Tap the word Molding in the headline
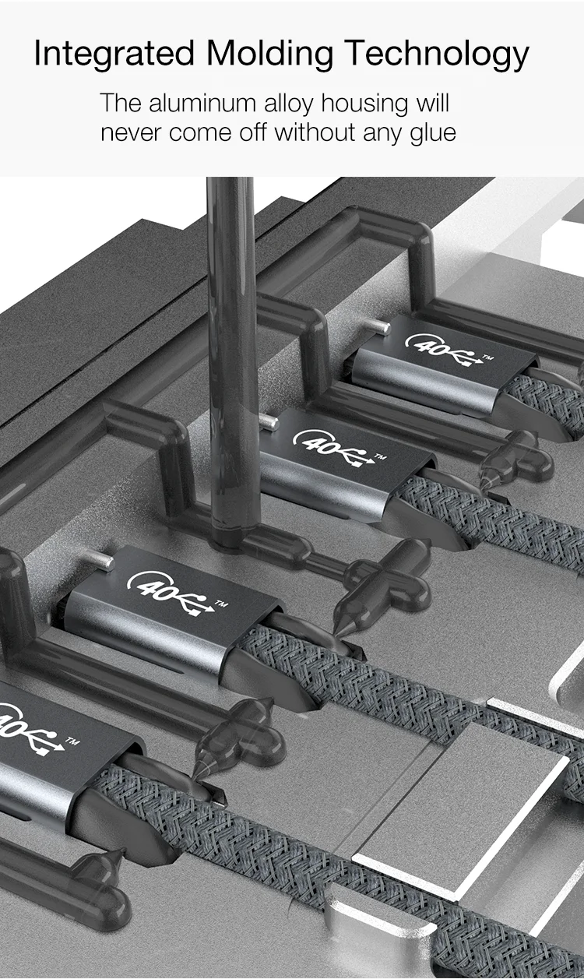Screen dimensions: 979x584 click(269, 54)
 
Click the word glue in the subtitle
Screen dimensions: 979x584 click(432, 133)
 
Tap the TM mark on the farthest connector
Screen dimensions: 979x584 click(487, 357)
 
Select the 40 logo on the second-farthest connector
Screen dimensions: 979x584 click(319, 444)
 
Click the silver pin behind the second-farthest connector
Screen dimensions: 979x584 click(269, 422)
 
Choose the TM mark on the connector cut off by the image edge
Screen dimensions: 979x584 click(72, 739)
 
